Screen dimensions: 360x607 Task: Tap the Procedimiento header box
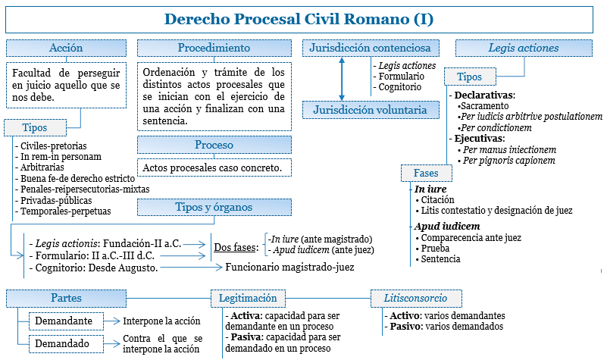coord(214,48)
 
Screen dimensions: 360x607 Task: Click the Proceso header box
coord(214,145)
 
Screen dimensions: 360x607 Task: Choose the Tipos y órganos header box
coord(214,207)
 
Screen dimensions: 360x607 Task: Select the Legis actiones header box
coord(523,48)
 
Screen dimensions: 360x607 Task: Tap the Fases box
coord(426,173)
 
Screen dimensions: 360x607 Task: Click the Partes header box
coord(67,298)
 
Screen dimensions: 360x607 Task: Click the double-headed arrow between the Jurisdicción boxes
coord(343,79)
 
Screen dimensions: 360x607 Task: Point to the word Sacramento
coord(483,106)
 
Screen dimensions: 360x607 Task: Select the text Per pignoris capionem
coord(509,161)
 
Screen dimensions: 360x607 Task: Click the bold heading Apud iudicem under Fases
coord(447,226)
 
